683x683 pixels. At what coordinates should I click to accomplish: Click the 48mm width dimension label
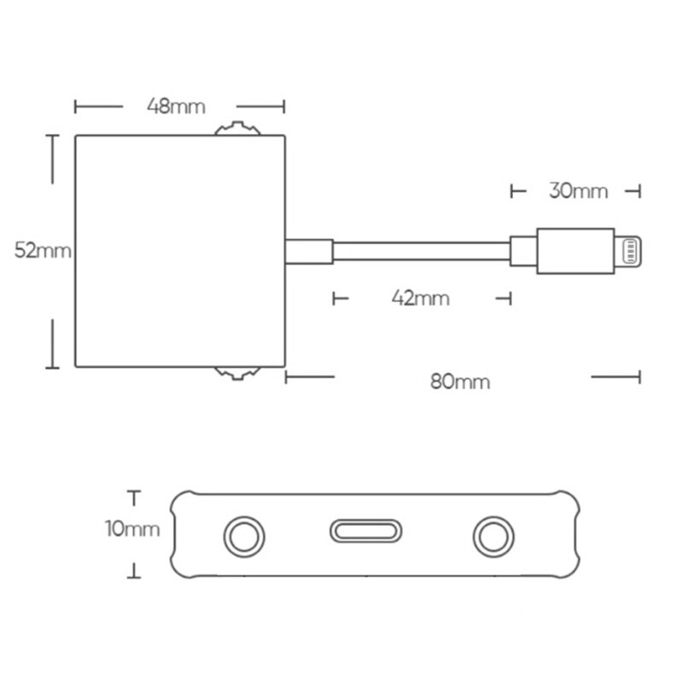[x=176, y=107]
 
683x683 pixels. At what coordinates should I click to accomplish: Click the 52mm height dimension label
[x=42, y=251]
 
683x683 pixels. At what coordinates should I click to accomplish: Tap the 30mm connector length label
[x=578, y=190]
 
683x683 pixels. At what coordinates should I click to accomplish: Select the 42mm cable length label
[x=420, y=298]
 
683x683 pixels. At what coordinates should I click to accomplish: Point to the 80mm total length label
[x=460, y=381]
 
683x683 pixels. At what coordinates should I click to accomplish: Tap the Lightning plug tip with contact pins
[x=628, y=252]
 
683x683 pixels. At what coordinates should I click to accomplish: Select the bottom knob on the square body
[x=238, y=372]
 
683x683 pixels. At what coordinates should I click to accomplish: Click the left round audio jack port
[x=244, y=537]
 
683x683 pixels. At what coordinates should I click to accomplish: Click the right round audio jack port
[x=493, y=537]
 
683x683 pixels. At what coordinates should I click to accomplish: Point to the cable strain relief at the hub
[x=308, y=252]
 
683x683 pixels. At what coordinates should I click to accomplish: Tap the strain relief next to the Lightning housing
[x=523, y=252]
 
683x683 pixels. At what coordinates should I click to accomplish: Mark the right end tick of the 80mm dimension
[x=639, y=376]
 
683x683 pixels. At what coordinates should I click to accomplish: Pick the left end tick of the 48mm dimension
[x=76, y=107]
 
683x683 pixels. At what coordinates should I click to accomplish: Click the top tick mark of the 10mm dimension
[x=132, y=493]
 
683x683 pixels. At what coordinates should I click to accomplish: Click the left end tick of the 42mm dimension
[x=334, y=298]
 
